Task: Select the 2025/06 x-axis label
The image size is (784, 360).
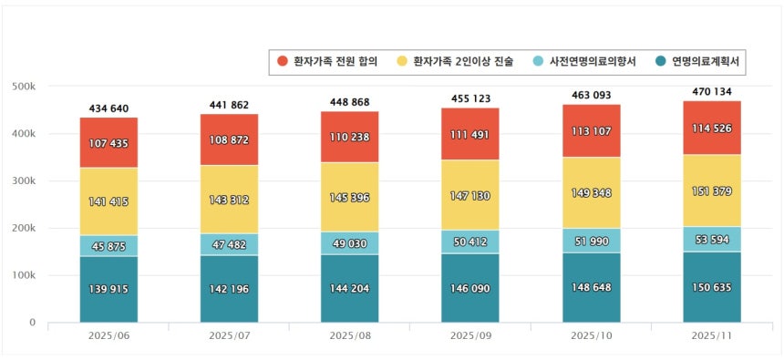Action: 108,336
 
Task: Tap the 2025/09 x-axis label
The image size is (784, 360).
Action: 471,336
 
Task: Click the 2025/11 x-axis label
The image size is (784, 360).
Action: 712,336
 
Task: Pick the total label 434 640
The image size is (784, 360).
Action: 108,108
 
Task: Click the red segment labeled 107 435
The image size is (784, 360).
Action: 108,143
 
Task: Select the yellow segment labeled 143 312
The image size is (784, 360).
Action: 230,200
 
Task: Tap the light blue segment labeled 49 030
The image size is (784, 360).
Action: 350,243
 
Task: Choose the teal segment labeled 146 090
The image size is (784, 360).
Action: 471,287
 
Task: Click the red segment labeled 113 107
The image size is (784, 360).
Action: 592,129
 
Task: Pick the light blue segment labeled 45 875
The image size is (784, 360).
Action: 108,246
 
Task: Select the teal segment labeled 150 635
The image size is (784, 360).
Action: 712,286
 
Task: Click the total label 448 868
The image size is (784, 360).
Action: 350,102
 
